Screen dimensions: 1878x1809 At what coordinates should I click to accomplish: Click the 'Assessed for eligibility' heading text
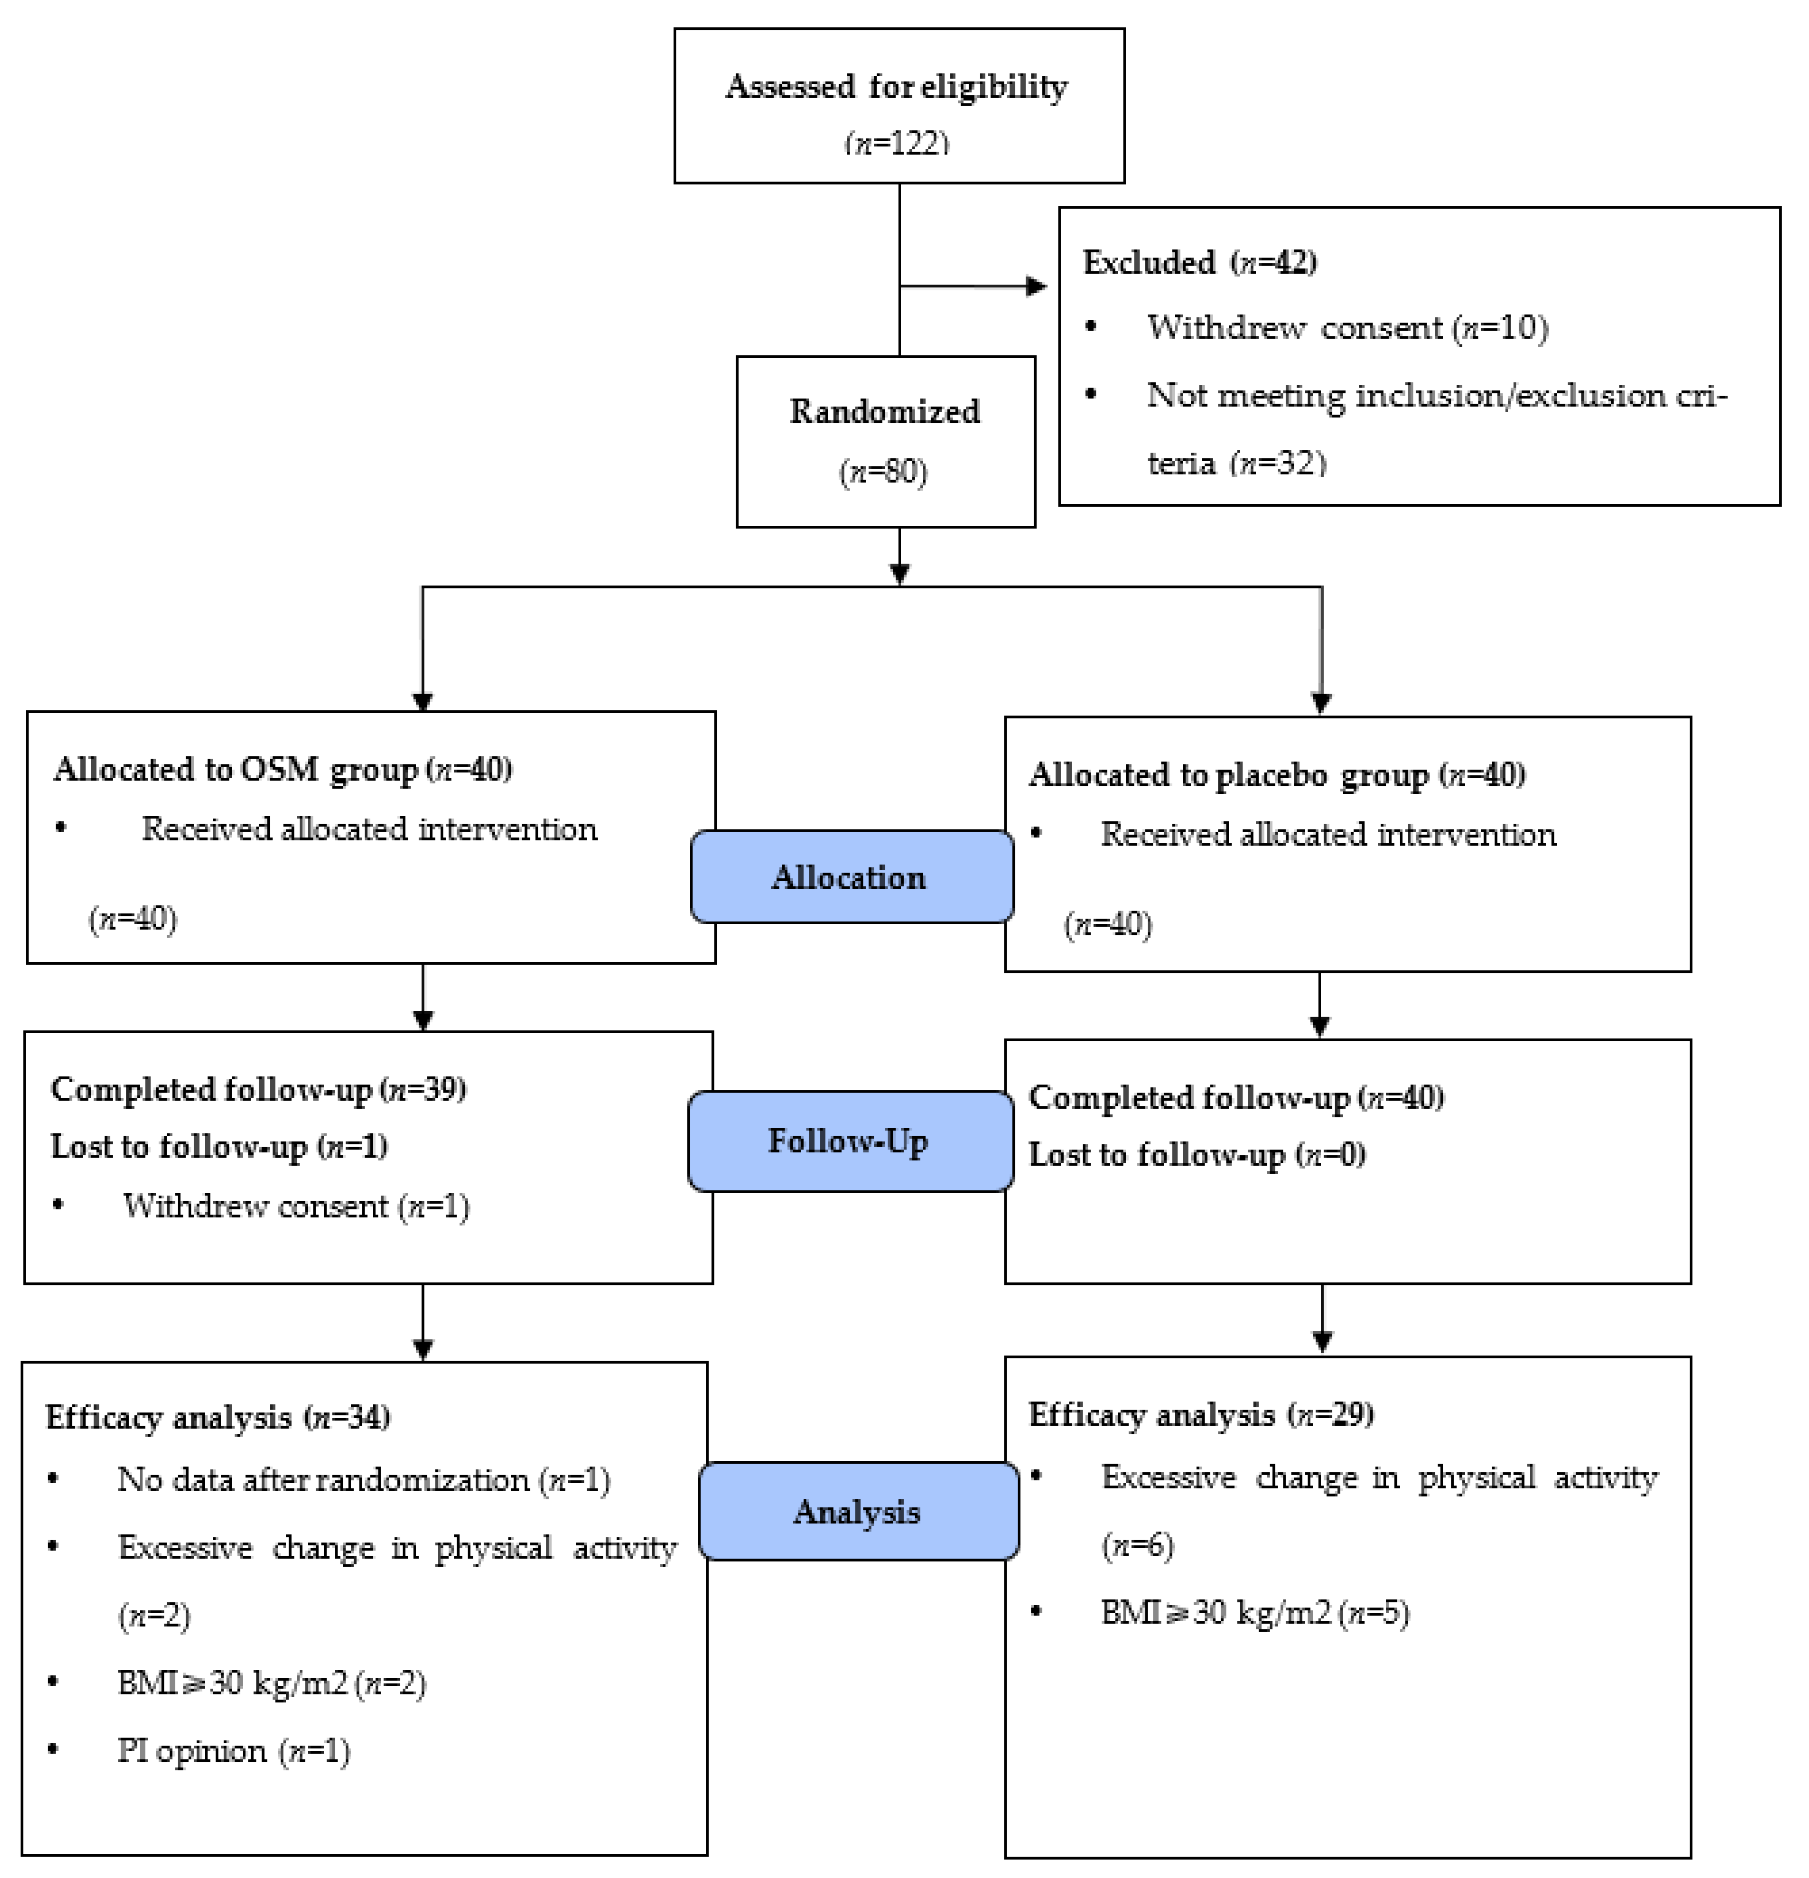coord(897,86)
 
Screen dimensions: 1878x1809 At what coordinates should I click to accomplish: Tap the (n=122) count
coord(897,143)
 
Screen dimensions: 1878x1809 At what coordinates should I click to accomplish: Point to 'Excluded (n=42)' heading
coord(1199,261)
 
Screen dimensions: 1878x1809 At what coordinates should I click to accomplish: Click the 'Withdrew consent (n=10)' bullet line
coord(1346,328)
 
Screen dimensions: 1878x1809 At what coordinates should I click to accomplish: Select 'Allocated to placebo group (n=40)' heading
coord(1276,774)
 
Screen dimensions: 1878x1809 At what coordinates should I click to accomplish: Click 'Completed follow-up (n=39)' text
coord(258,1089)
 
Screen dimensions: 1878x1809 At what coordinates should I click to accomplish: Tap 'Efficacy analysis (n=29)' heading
coord(1201,1414)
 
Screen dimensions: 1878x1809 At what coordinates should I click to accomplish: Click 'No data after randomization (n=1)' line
coord(363,1479)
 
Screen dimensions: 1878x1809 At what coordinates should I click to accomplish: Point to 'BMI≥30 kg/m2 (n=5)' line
coord(1254,1613)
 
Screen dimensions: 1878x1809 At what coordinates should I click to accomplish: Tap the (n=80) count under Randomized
coord(883,471)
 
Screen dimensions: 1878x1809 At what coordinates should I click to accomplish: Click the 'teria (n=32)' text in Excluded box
coord(1236,463)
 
